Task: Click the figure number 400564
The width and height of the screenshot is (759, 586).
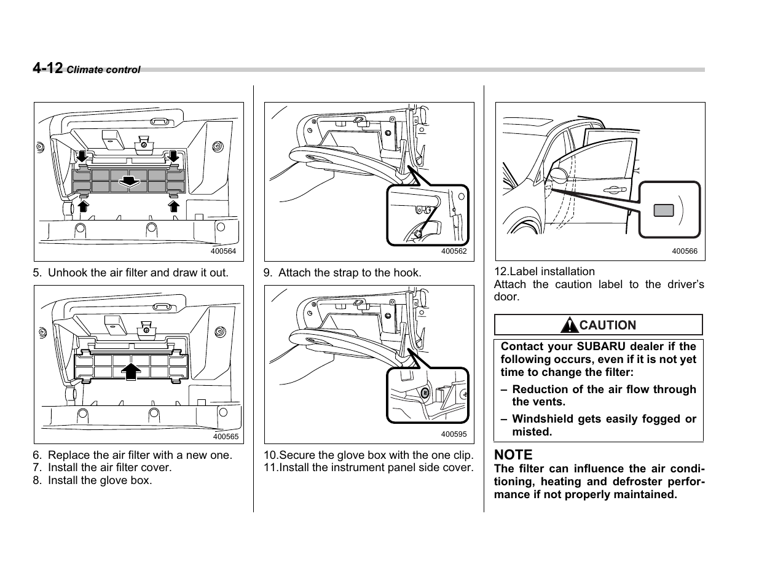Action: tap(223, 251)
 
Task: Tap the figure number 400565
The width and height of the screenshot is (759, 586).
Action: tap(225, 437)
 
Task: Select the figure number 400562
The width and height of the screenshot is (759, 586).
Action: tap(454, 251)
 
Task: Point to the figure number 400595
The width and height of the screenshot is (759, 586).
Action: tap(454, 434)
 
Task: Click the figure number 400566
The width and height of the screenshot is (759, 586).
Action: tap(684, 251)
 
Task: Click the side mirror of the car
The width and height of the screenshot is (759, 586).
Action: tap(558, 174)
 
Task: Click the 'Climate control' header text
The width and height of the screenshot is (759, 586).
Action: tap(103, 70)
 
